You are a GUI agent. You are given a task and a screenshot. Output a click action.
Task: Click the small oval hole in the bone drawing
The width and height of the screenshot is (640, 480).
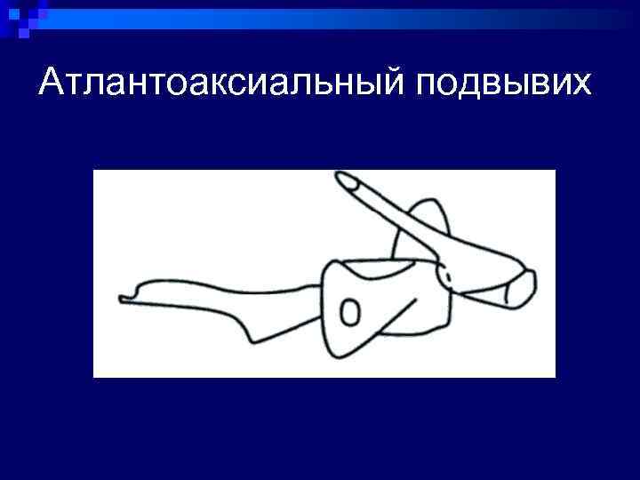[350, 313]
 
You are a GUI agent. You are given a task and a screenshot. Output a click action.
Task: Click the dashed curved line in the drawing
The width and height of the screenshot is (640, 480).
[448, 276]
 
